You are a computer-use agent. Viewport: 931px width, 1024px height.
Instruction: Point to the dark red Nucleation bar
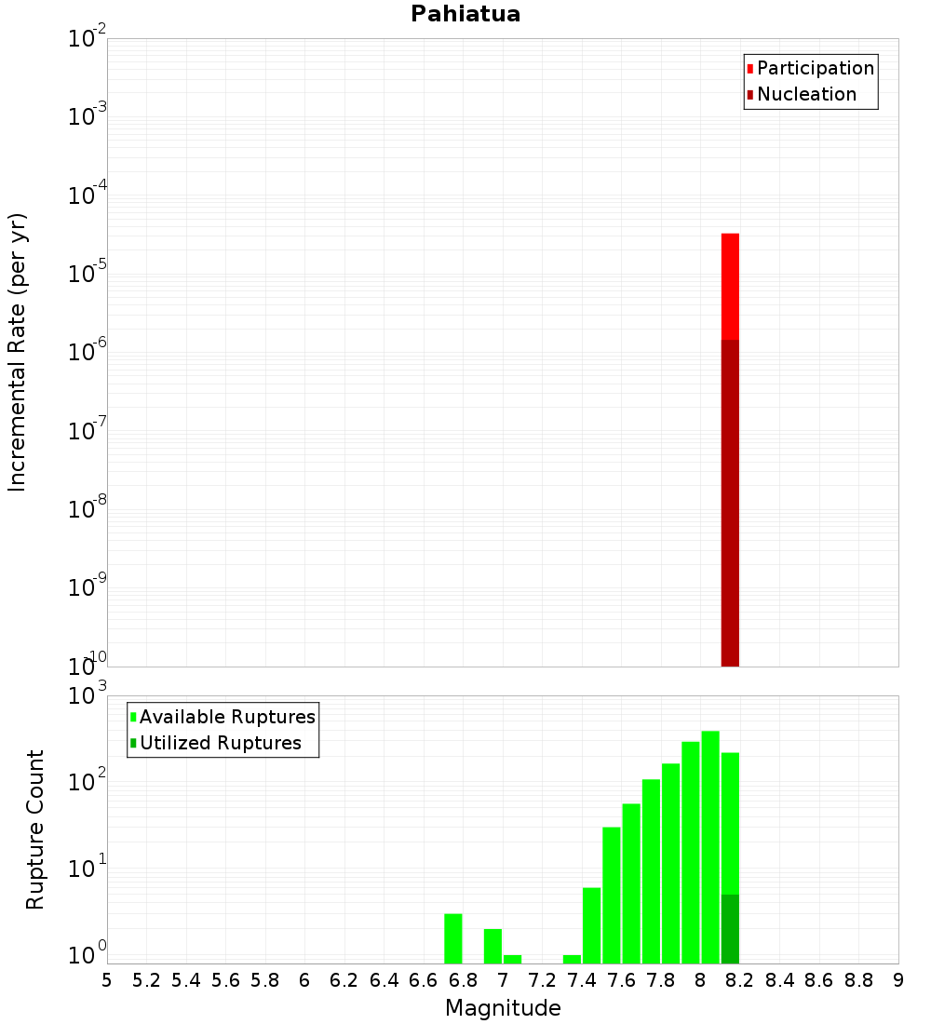point(730,503)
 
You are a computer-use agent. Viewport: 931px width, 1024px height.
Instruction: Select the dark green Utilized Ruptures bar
point(730,929)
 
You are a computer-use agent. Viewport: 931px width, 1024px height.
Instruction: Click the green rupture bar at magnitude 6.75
point(453,938)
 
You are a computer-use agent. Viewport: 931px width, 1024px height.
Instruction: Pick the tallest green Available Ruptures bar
point(710,847)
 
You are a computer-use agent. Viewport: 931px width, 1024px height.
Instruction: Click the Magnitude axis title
point(503,1008)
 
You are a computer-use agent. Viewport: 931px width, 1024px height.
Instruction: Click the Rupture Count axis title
point(35,829)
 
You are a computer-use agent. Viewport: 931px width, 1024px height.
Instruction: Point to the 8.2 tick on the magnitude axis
point(740,979)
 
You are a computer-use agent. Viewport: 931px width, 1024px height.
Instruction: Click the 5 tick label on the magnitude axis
point(107,979)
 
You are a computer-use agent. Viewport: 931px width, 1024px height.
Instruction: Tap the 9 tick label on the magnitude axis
point(898,979)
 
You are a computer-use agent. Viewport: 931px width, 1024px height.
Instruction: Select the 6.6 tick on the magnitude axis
point(424,979)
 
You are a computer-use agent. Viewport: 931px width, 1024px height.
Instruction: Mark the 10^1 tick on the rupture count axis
point(88,874)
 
